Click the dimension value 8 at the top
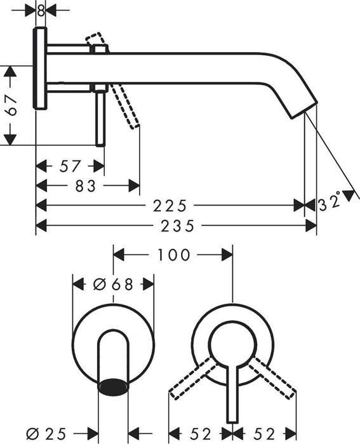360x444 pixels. point(41,10)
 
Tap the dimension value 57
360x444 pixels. point(70,166)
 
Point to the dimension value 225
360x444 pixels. point(171,206)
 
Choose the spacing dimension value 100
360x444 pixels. point(174,255)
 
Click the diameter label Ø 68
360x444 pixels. point(113,284)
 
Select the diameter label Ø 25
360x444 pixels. point(48,434)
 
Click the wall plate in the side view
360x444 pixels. point(41,69)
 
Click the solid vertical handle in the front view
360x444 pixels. point(233,393)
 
